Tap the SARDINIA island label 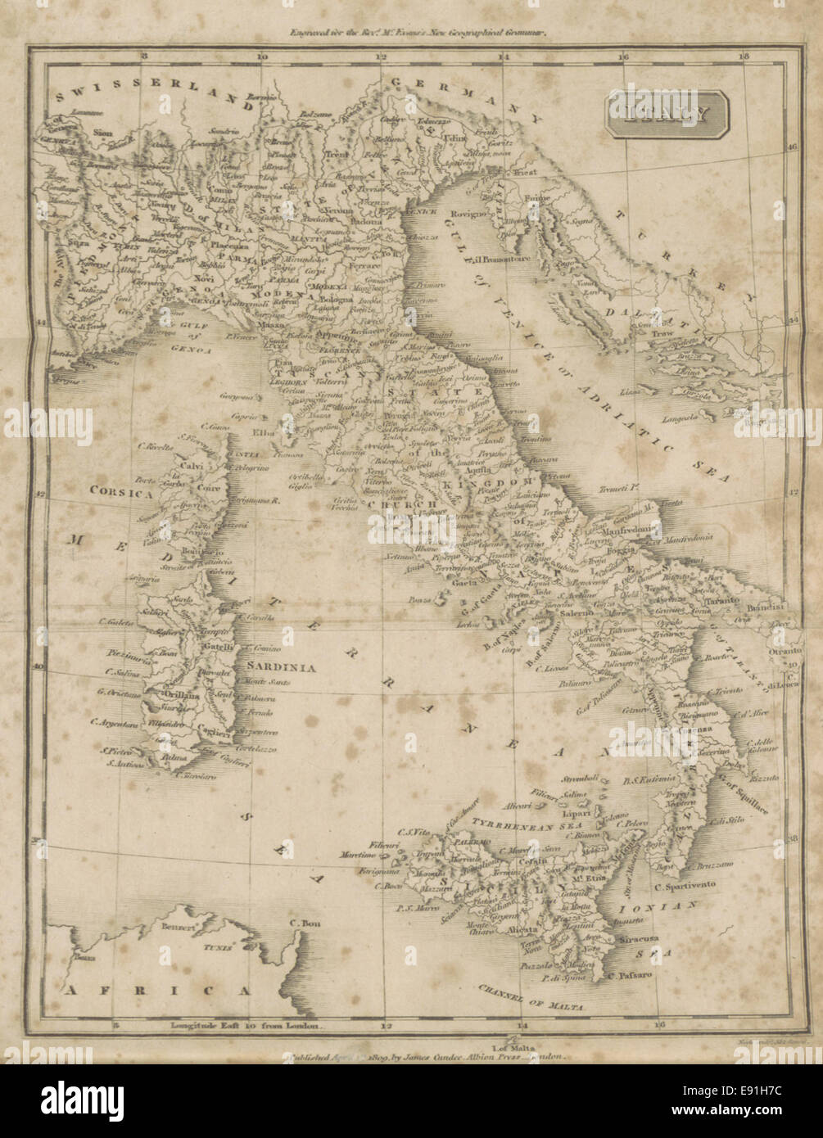pos(287,667)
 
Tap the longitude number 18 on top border pos(743,56)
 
